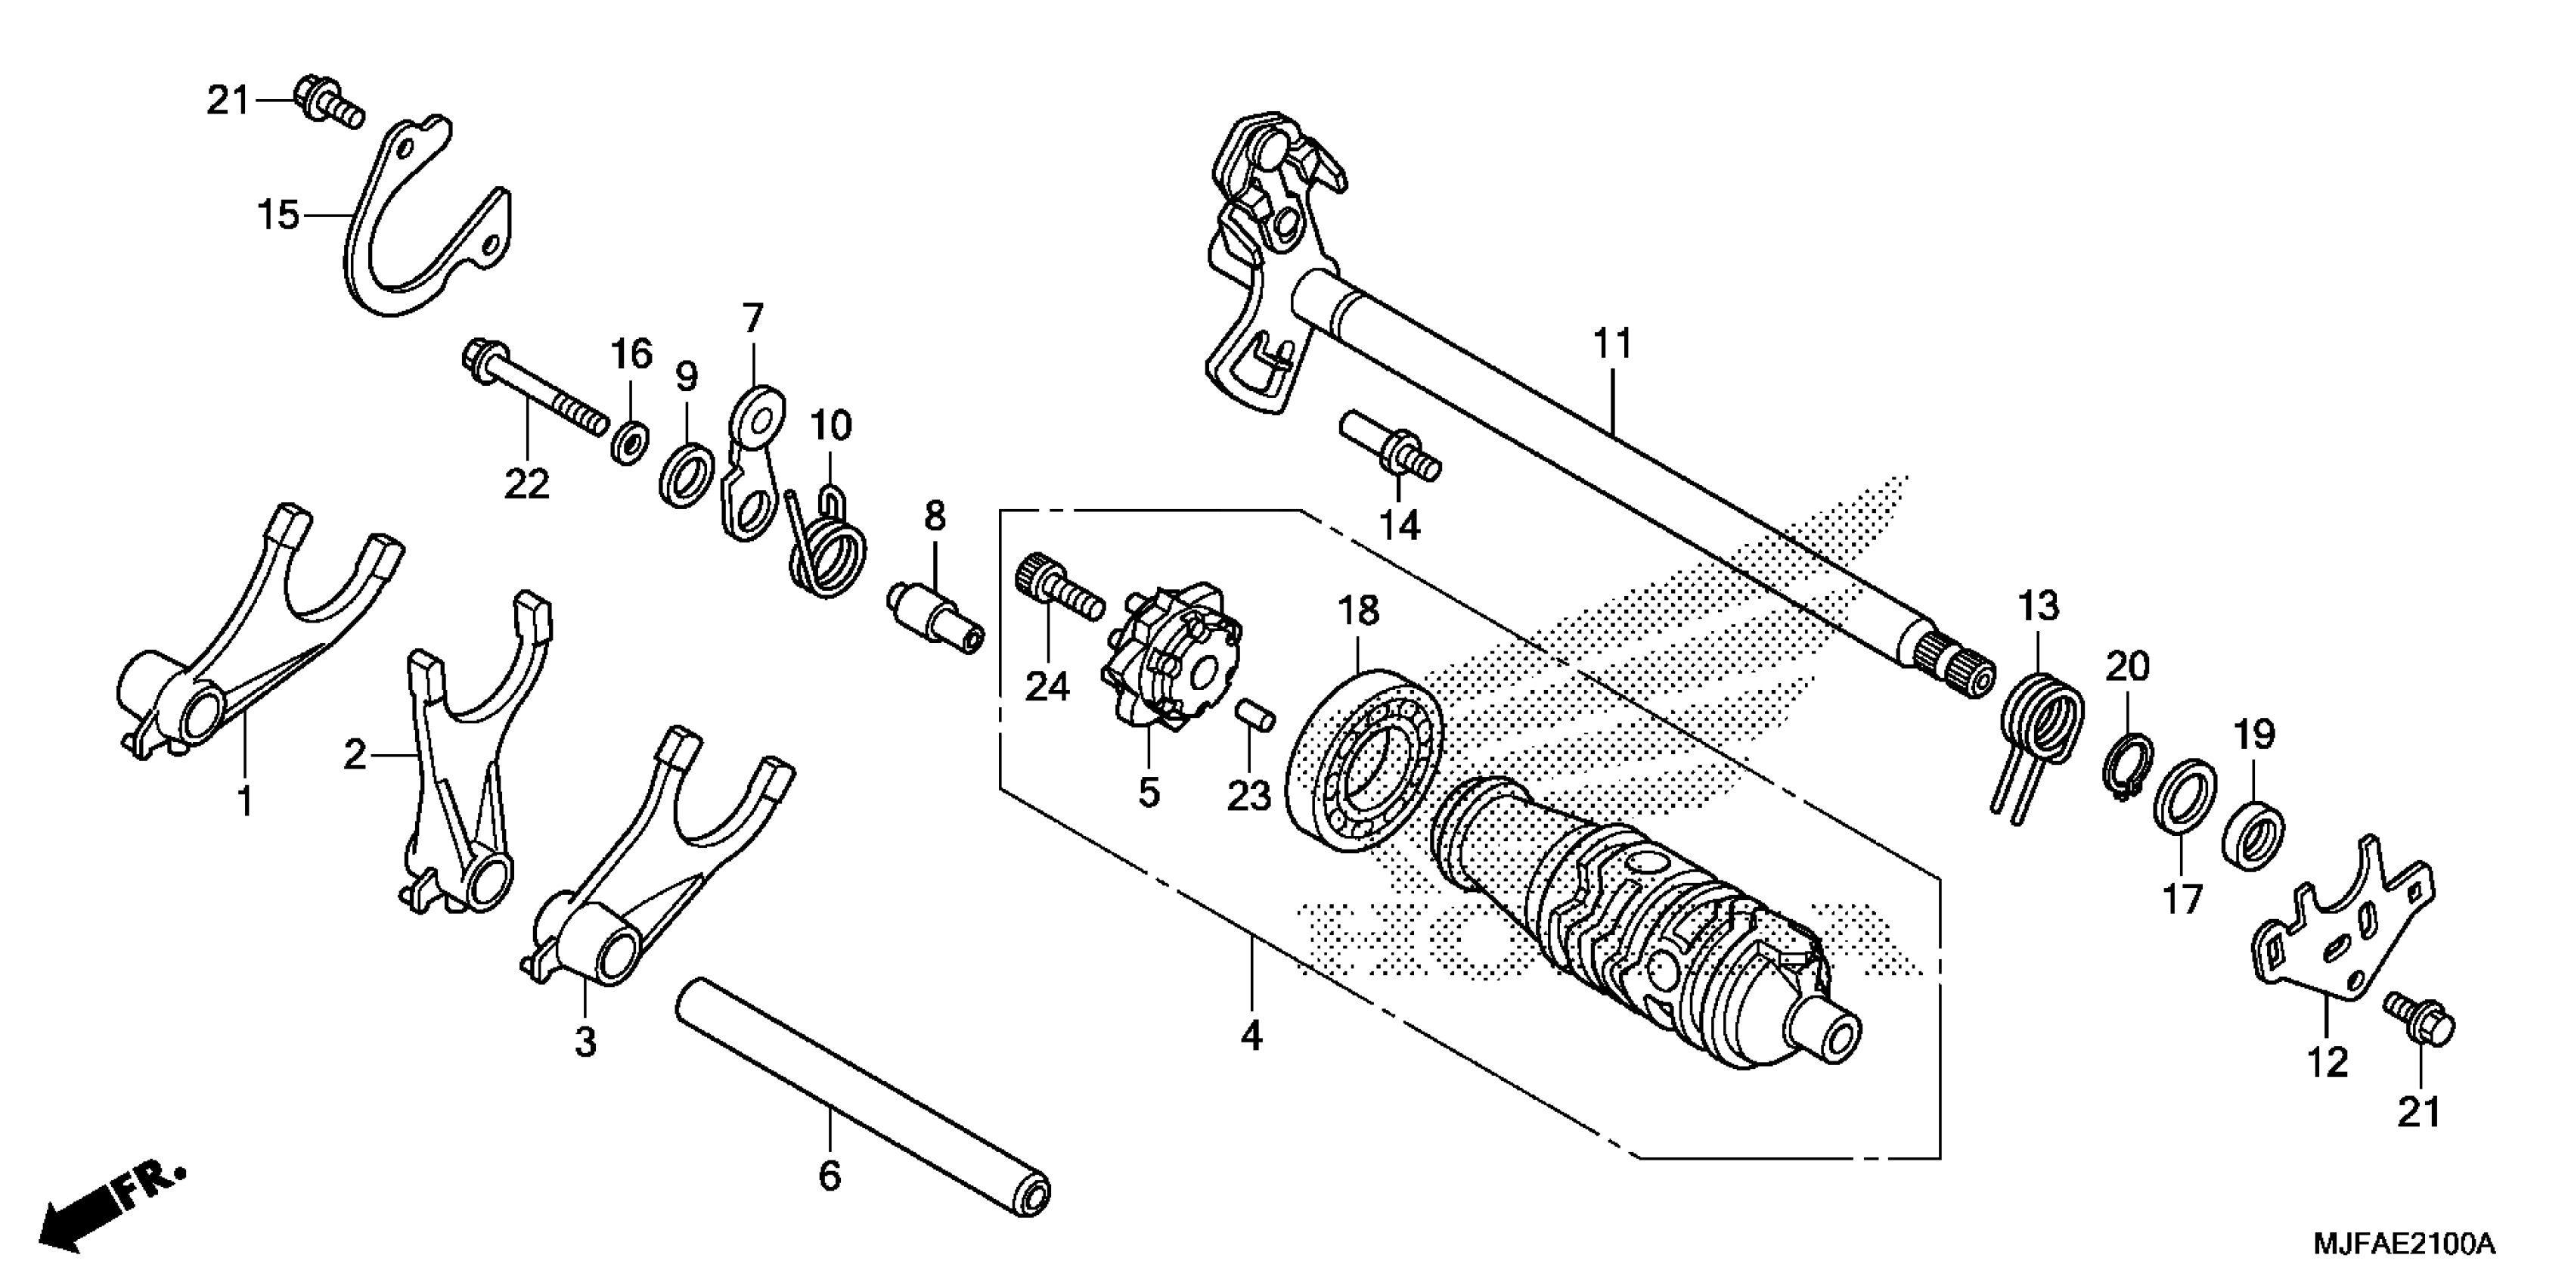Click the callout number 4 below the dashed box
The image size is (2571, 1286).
click(1251, 1037)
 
